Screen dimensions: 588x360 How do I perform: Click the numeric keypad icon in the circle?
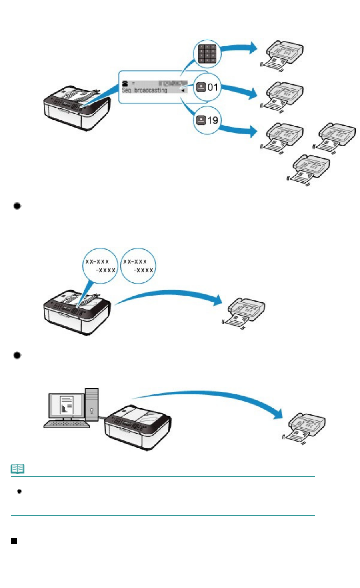click(207, 54)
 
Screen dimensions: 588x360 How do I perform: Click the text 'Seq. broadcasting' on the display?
click(144, 90)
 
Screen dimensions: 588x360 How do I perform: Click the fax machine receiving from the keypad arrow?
click(283, 56)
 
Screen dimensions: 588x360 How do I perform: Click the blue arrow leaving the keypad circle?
click(238, 48)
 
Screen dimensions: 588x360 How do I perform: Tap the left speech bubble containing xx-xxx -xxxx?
click(100, 266)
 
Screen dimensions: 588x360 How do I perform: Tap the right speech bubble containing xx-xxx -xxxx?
click(138, 266)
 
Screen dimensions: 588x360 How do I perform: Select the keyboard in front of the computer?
click(66, 424)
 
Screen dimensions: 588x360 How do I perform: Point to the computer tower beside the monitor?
click(92, 405)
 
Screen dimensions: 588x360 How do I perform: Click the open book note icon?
click(18, 468)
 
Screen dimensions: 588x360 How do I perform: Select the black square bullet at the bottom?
click(14, 541)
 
